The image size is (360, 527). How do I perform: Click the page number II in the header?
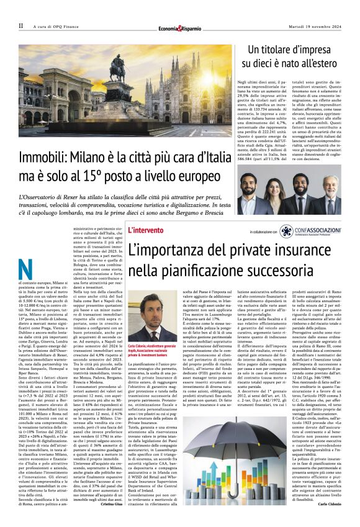pyautogui.click(x=20, y=25)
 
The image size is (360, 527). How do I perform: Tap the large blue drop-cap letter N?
pyautogui.click(x=26, y=268)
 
